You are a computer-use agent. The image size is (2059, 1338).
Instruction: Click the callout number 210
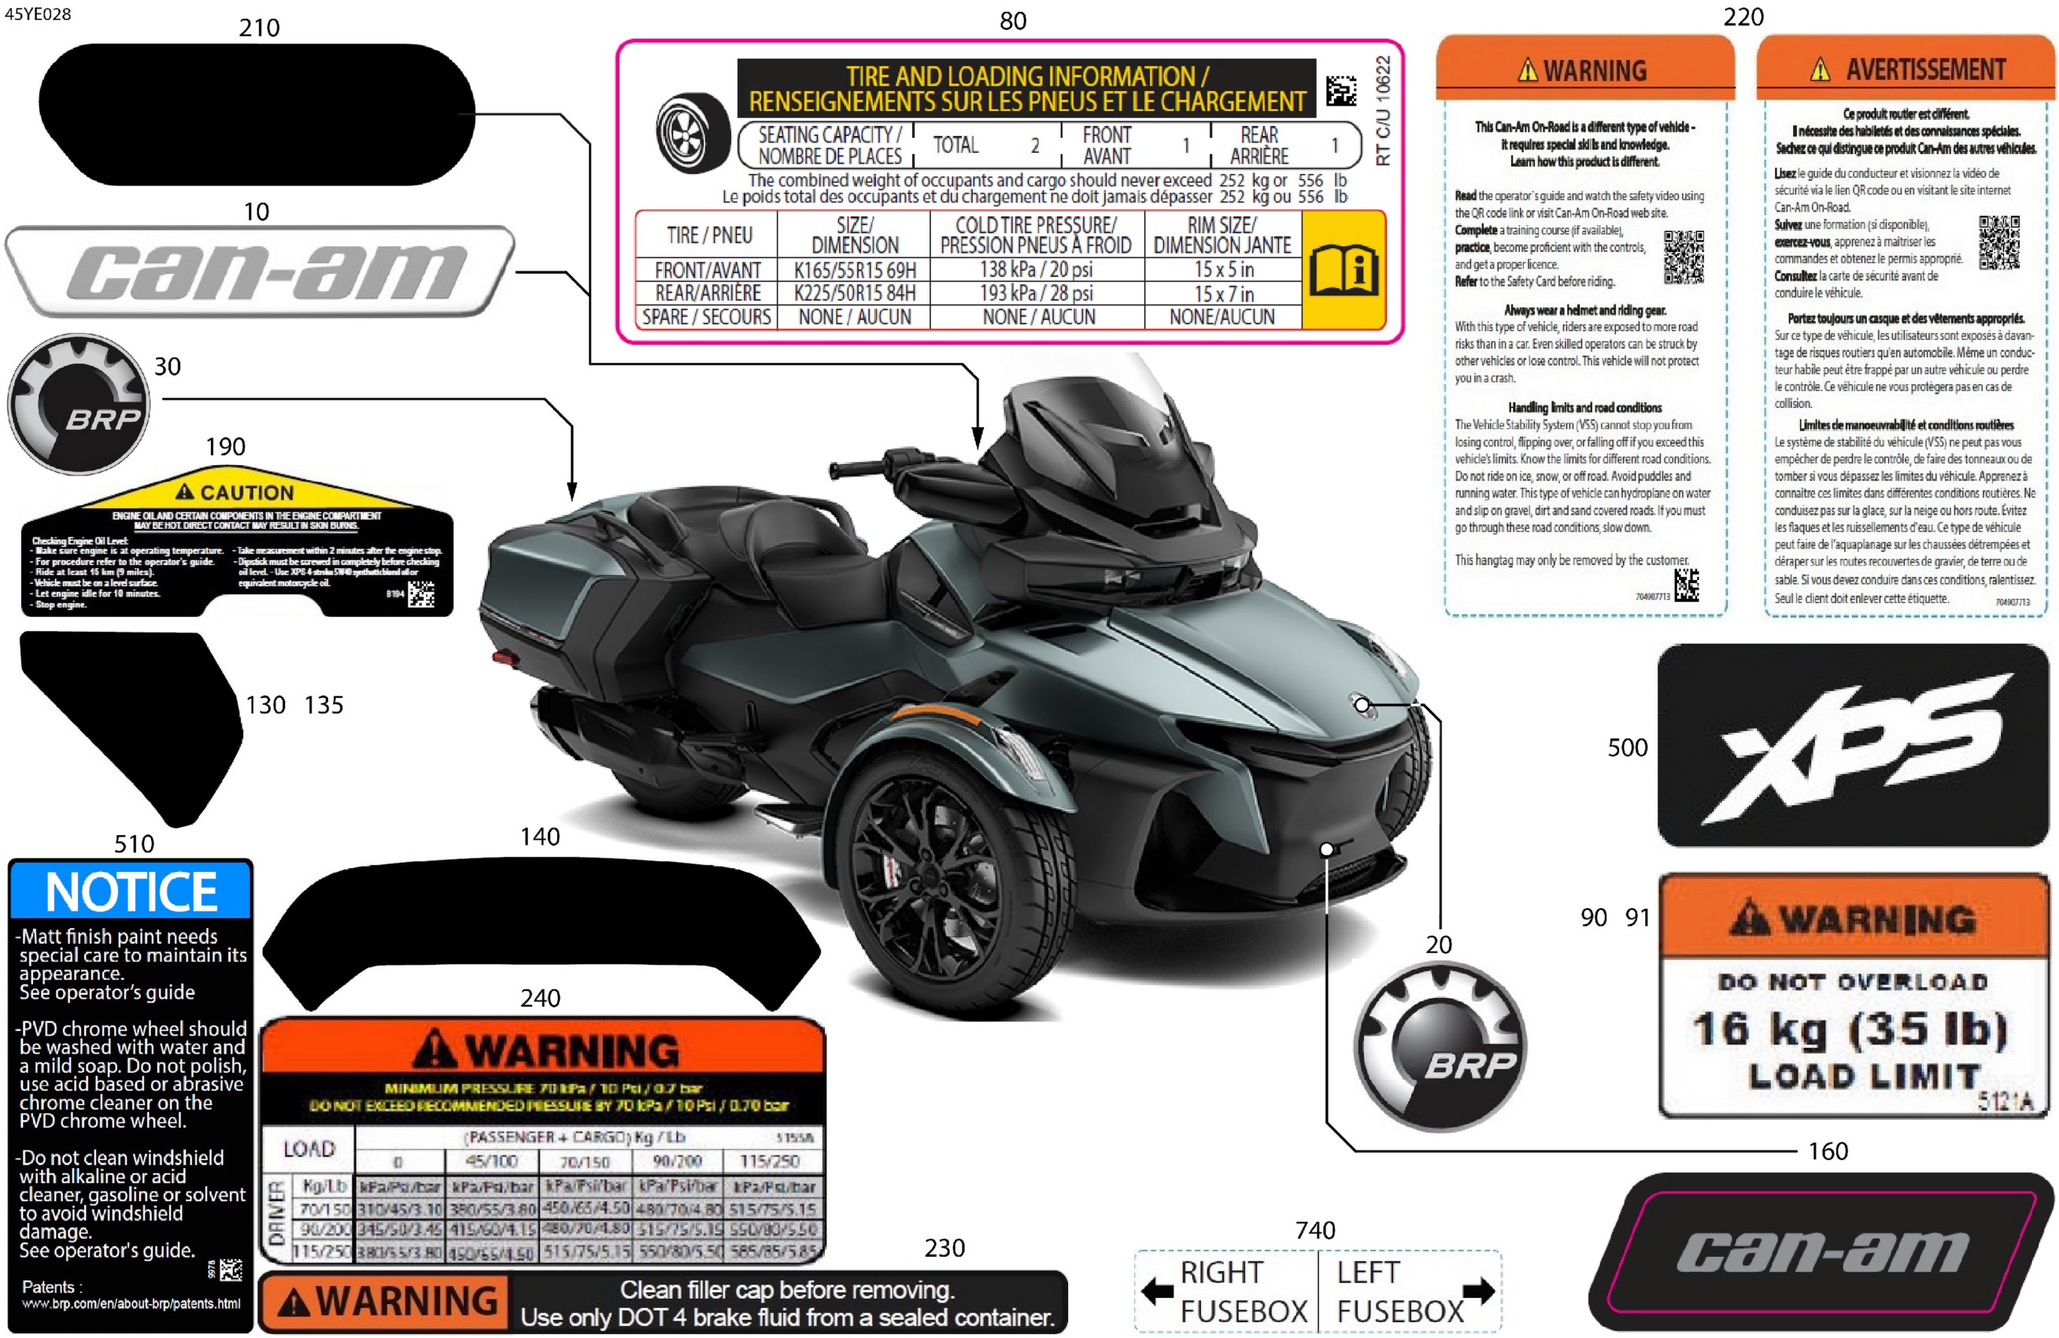tap(259, 28)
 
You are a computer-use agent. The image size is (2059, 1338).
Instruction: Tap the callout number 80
tap(1012, 20)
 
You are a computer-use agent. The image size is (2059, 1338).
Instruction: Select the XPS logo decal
tap(1852, 745)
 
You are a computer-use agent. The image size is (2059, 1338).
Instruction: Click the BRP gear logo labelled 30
tap(79, 404)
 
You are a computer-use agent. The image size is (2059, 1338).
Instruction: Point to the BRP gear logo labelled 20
tap(1440, 1047)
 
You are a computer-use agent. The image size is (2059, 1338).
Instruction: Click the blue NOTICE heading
tap(131, 891)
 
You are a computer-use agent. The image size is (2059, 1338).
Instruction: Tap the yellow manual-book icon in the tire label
tap(1343, 270)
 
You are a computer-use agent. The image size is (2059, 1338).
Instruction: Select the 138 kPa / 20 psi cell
tap(1036, 270)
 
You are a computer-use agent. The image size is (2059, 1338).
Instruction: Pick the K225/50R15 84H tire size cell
tap(854, 294)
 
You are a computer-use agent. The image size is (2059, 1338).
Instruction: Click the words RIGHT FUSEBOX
tap(1242, 1292)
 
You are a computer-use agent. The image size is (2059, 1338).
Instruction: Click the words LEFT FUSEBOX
tap(1399, 1292)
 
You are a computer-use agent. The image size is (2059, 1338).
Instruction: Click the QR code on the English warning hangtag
tap(1684, 257)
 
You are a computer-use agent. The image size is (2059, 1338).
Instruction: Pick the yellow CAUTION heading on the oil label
tap(235, 492)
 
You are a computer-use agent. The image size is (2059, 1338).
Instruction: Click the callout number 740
tap(1315, 1229)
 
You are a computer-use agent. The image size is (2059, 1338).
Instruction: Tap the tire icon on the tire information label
tap(693, 132)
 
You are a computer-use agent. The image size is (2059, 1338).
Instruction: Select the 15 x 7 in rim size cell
tap(1222, 294)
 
